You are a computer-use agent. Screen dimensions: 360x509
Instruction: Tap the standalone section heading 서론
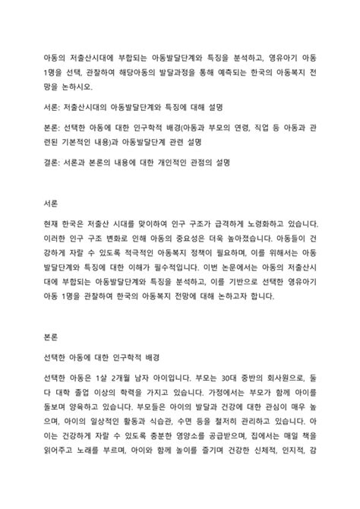coord(54,204)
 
